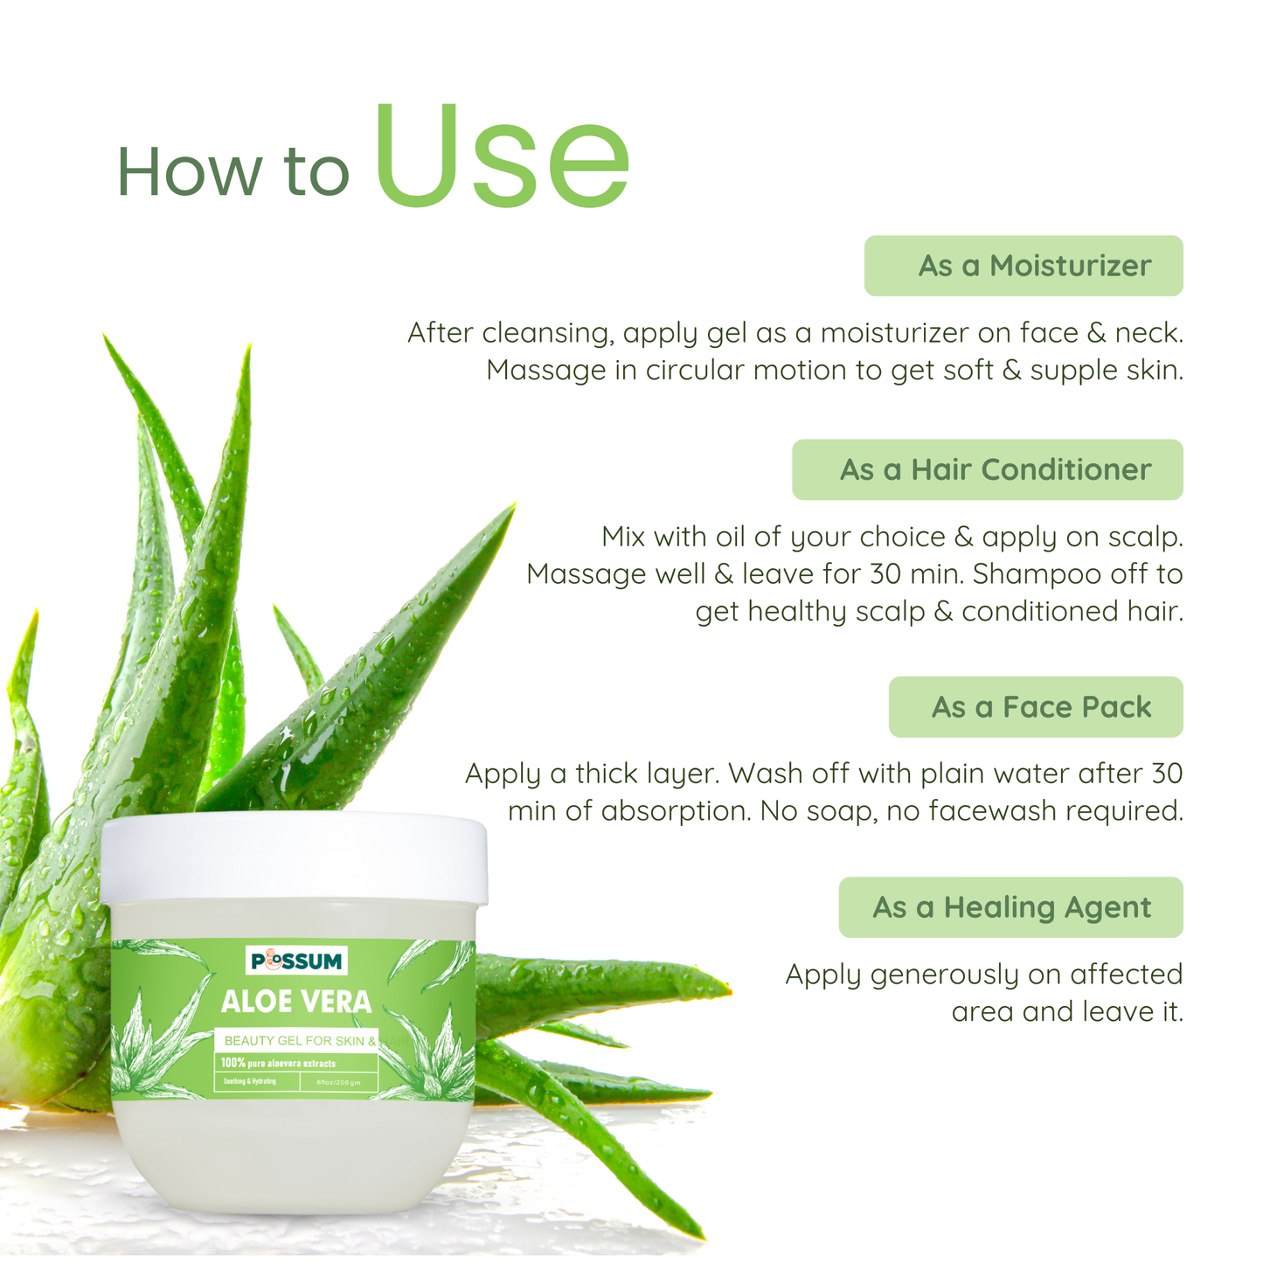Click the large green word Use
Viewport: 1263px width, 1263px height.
pyautogui.click(x=503, y=157)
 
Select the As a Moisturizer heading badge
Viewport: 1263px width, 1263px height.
pyautogui.click(x=1024, y=266)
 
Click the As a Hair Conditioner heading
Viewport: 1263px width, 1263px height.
pyautogui.click(x=988, y=469)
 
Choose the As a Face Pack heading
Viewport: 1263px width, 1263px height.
pyautogui.click(x=1036, y=706)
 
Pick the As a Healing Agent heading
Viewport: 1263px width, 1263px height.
pyautogui.click(x=1011, y=907)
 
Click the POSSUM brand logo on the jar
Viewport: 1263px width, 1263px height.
pyautogui.click(x=297, y=961)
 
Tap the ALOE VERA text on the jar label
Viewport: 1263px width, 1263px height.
pyautogui.click(x=296, y=1002)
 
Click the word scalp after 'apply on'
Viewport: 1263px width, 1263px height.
pyautogui.click(x=1145, y=537)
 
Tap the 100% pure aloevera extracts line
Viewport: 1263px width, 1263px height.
pyautogui.click(x=278, y=1064)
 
